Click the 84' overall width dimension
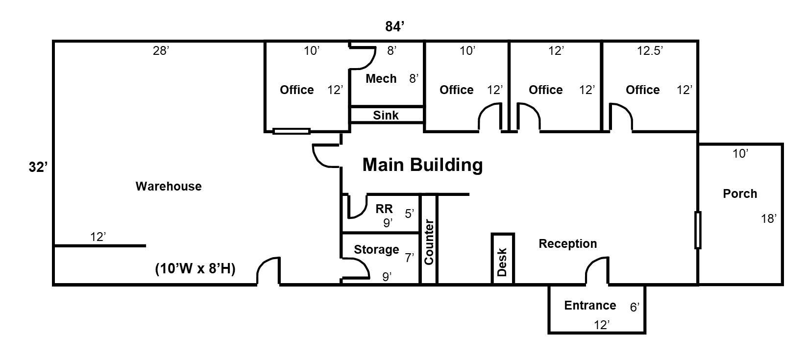pyautogui.click(x=394, y=26)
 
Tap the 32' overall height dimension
pyautogui.click(x=38, y=167)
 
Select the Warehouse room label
pyautogui.click(x=169, y=186)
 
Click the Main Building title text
pyautogui.click(x=422, y=165)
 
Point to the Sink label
pyautogui.click(x=386, y=115)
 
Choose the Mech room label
pyautogui.click(x=381, y=78)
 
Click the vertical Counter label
pyautogui.click(x=429, y=242)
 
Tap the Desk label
pyautogui.click(x=502, y=262)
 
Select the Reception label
pyautogui.click(x=568, y=244)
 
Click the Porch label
pyautogui.click(x=740, y=193)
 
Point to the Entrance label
pyautogui.click(x=590, y=305)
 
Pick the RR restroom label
pyautogui.click(x=384, y=209)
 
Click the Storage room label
pyautogui.click(x=376, y=249)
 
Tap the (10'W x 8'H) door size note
pyautogui.click(x=196, y=268)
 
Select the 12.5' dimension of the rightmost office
pyautogui.click(x=650, y=51)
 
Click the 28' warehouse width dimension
pyautogui.click(x=161, y=51)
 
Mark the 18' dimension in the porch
pyautogui.click(x=768, y=218)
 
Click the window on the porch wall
pyautogui.click(x=698, y=230)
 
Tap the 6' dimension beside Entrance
pyautogui.click(x=635, y=307)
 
